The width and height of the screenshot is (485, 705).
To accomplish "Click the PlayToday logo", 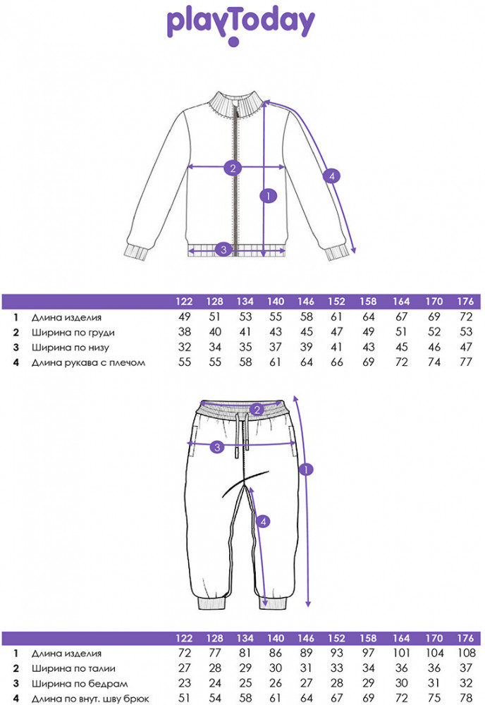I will (241, 24).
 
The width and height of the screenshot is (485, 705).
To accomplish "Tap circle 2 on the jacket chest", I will (233, 168).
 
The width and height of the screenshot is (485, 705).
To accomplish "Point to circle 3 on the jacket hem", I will (223, 249).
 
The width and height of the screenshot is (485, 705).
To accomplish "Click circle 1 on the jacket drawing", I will (266, 195).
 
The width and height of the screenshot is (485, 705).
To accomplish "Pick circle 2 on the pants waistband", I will (258, 410).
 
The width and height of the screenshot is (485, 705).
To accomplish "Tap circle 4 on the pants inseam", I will (263, 522).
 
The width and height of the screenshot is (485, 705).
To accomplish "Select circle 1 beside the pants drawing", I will (307, 469).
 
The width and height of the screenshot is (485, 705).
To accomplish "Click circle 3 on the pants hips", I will (217, 446).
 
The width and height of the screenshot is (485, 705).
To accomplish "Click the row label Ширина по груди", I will (73, 332).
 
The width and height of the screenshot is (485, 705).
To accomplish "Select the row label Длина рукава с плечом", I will (89, 362).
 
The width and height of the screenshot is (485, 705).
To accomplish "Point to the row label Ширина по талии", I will (73, 668).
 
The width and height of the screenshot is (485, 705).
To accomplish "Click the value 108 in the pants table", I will (465, 654).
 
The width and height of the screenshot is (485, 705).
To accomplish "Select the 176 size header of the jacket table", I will (465, 302).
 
